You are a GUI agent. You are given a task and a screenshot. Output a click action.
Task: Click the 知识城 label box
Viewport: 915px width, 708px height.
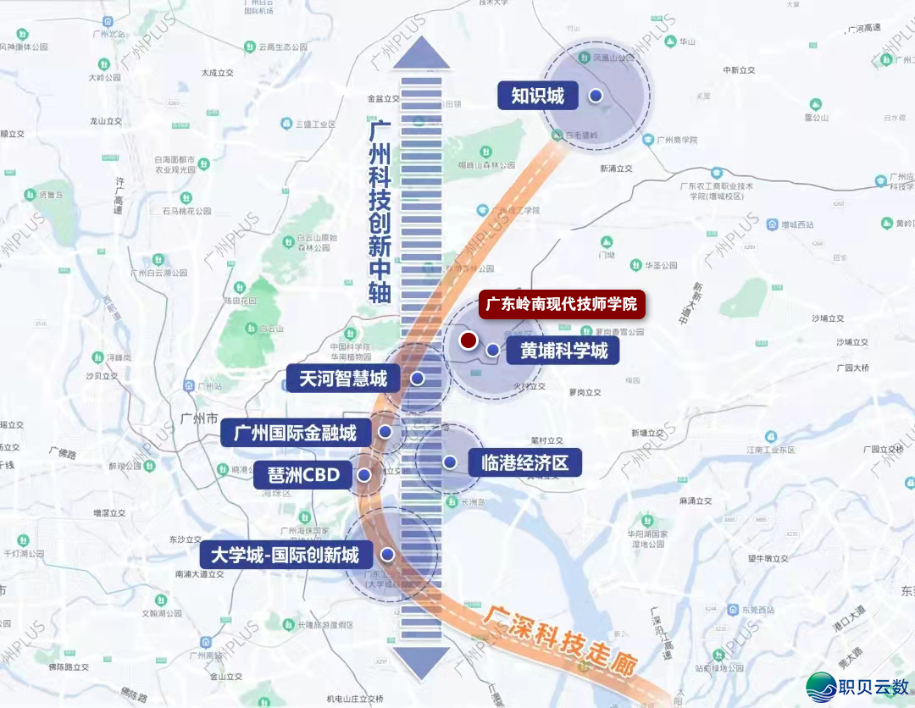[537, 96]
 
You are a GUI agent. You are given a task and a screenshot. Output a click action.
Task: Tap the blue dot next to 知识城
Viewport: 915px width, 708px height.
[596, 96]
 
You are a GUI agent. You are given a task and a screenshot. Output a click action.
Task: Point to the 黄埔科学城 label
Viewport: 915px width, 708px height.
[563, 350]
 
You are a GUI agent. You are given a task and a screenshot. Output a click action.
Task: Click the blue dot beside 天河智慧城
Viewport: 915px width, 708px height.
[417, 379]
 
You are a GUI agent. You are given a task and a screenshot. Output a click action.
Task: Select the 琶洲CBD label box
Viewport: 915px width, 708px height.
[302, 475]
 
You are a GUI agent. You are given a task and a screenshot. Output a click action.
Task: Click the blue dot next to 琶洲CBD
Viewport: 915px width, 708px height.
[364, 475]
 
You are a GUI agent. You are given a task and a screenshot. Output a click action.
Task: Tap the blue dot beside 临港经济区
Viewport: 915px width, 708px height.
[450, 462]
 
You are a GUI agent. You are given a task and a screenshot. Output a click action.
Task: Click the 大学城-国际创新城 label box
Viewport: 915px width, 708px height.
[284, 556]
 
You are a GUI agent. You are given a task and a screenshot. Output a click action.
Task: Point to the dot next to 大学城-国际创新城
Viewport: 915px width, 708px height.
[387, 555]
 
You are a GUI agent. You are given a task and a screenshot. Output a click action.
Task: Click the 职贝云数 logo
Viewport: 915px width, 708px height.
[856, 684]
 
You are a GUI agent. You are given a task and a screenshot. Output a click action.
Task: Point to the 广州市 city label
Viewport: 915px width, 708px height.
[200, 418]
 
